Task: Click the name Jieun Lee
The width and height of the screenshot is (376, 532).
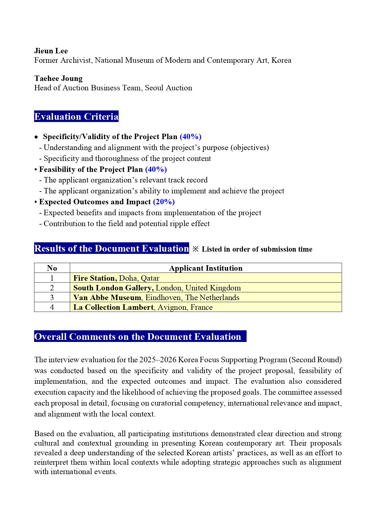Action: tap(51, 51)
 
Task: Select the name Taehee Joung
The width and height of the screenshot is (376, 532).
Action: tap(58, 79)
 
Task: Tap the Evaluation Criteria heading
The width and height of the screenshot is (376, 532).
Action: tap(76, 117)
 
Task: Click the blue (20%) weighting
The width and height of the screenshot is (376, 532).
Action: tap(164, 202)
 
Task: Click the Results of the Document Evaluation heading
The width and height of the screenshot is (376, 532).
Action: tap(111, 249)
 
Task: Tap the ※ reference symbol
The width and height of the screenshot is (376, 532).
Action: tap(196, 249)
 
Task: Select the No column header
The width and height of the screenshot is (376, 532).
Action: tap(52, 268)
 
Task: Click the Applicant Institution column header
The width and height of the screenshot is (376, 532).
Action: tap(206, 268)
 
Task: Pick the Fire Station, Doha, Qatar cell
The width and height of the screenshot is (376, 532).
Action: tap(116, 278)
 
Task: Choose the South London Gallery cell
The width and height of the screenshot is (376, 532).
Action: tap(157, 288)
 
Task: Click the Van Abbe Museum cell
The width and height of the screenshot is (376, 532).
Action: tap(156, 298)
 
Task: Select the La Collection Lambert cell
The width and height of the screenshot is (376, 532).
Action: tap(143, 307)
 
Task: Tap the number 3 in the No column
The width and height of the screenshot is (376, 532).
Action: tap(52, 298)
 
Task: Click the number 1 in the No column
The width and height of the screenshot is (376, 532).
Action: tap(52, 278)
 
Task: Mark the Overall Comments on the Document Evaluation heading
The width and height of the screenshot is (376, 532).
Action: tap(138, 337)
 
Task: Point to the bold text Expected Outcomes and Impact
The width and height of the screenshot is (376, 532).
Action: tap(95, 202)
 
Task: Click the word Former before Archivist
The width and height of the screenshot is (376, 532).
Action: tap(46, 60)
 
